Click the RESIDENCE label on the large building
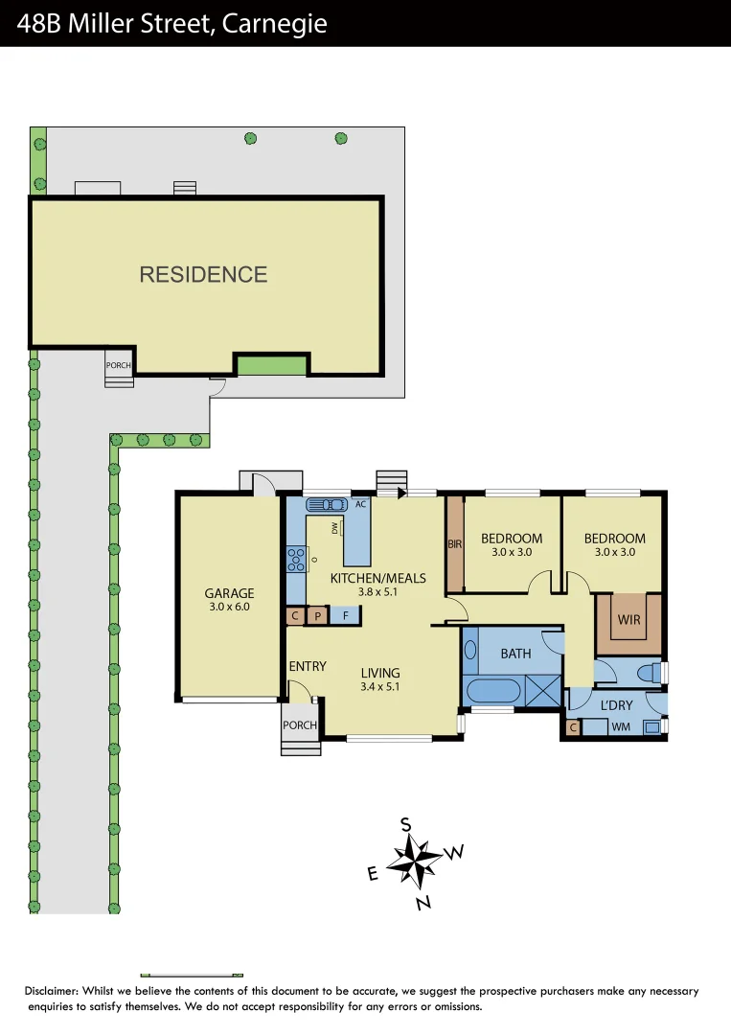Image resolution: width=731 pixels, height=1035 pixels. [x=203, y=275]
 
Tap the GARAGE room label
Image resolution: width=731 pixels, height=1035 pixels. [x=229, y=593]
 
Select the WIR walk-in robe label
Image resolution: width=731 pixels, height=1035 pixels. [x=628, y=620]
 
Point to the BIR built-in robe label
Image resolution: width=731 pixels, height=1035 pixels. [x=455, y=544]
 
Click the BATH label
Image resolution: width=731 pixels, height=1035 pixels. [x=515, y=654]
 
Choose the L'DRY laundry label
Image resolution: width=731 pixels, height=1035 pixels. [x=616, y=706]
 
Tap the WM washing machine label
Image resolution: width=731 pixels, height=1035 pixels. [x=621, y=727]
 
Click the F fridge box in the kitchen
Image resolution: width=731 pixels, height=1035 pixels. [x=345, y=616]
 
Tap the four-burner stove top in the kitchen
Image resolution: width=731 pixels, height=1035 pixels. [x=295, y=558]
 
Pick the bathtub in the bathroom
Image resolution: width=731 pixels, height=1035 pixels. [x=495, y=691]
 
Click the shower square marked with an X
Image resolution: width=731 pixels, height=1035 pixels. [x=543, y=691]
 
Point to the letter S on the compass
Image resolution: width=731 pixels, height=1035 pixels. [x=405, y=824]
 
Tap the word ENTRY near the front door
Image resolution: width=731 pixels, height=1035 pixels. [x=308, y=666]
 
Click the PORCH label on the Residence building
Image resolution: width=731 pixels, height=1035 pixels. [x=119, y=365]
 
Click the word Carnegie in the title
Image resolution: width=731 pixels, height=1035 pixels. [x=274, y=23]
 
